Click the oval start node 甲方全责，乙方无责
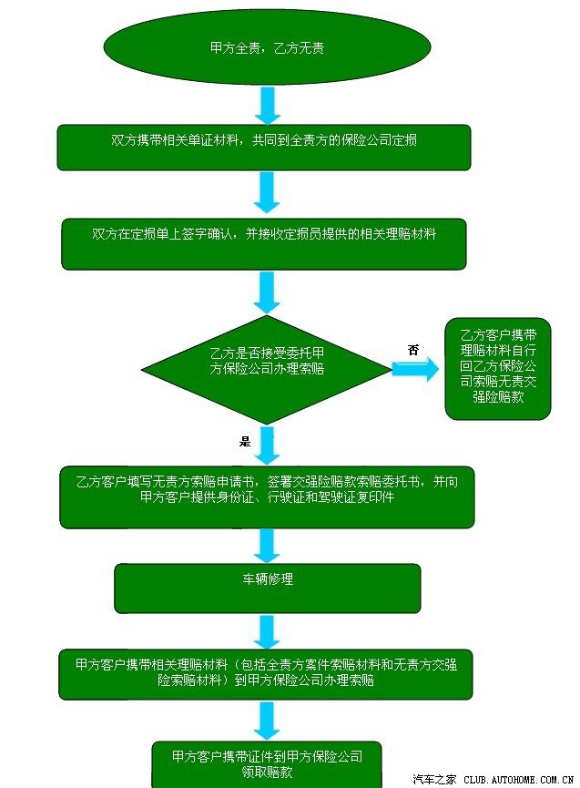coord(267,46)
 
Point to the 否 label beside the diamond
coord(413,349)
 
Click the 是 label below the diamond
coord(244,441)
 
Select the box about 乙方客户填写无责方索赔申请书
coord(267,496)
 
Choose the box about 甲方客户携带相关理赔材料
coord(267,673)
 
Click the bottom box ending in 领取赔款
coord(267,763)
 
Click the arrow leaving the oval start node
coord(269,105)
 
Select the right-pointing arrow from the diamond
coord(415,367)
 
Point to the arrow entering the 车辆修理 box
coord(268,545)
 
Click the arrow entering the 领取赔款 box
coord(268,720)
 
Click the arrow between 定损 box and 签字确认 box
coord(268,195)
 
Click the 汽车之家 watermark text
coord(434,779)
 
